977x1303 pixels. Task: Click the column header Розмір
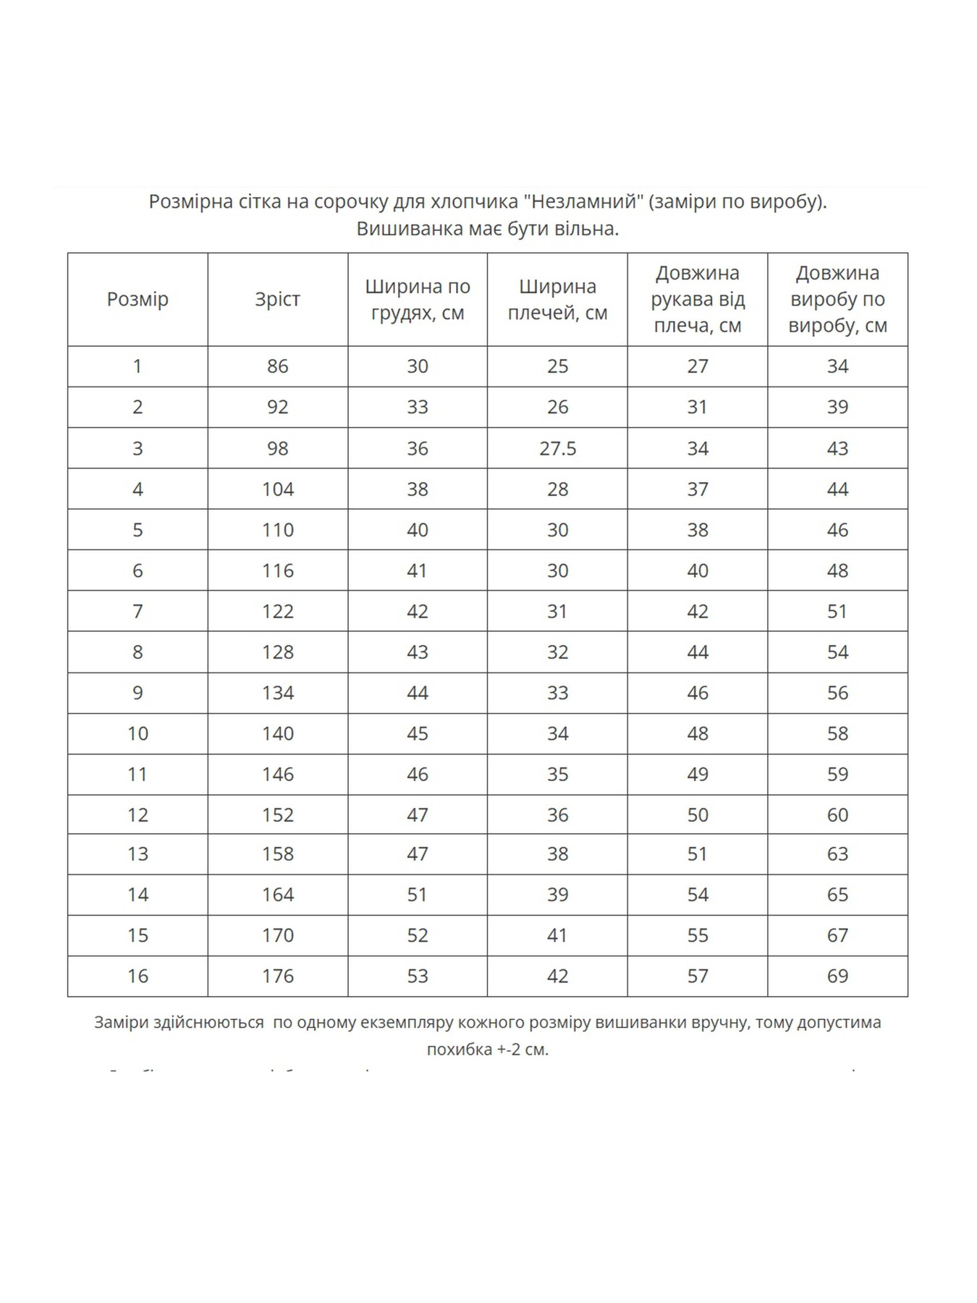(138, 299)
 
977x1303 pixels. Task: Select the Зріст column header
(277, 299)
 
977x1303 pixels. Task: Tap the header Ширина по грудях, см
(418, 300)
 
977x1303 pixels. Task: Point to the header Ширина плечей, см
(557, 300)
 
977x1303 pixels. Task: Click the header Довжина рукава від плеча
(698, 299)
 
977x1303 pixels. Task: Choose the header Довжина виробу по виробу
(837, 299)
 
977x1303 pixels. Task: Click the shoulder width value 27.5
(557, 448)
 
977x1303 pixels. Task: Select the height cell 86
(277, 366)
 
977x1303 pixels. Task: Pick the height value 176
(277, 976)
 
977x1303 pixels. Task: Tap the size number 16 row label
(138, 976)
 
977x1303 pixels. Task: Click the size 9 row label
(138, 693)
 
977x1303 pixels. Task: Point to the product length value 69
(837, 976)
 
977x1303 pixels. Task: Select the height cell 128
(277, 652)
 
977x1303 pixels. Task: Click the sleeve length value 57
(698, 976)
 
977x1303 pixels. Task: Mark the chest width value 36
(418, 448)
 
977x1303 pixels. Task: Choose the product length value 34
(837, 366)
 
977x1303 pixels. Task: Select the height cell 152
(277, 815)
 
